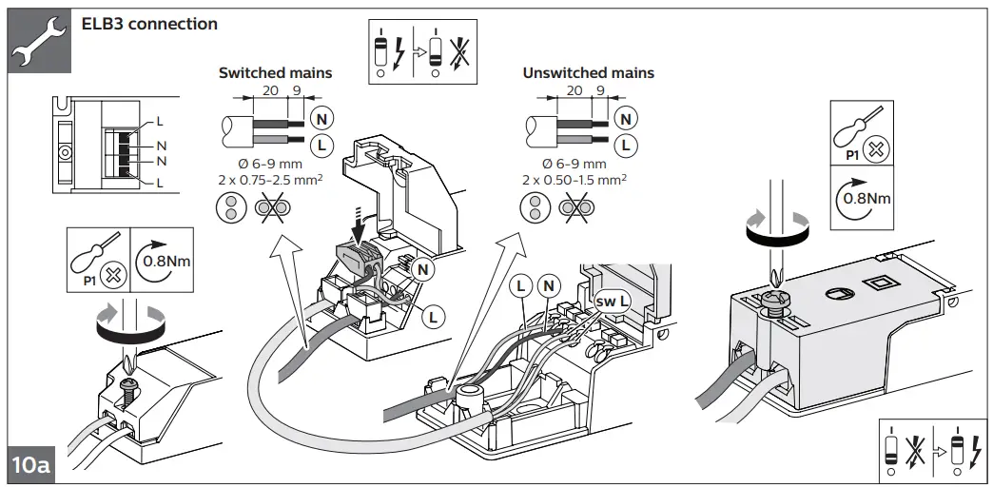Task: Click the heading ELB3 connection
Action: tap(149, 23)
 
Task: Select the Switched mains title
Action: tap(275, 72)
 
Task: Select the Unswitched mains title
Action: tap(588, 72)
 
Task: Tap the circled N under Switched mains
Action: tap(322, 118)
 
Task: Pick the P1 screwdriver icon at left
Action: tap(92, 258)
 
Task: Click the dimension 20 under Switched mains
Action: tap(270, 90)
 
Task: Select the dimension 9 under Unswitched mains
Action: tap(599, 90)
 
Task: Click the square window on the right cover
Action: tap(879, 282)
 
